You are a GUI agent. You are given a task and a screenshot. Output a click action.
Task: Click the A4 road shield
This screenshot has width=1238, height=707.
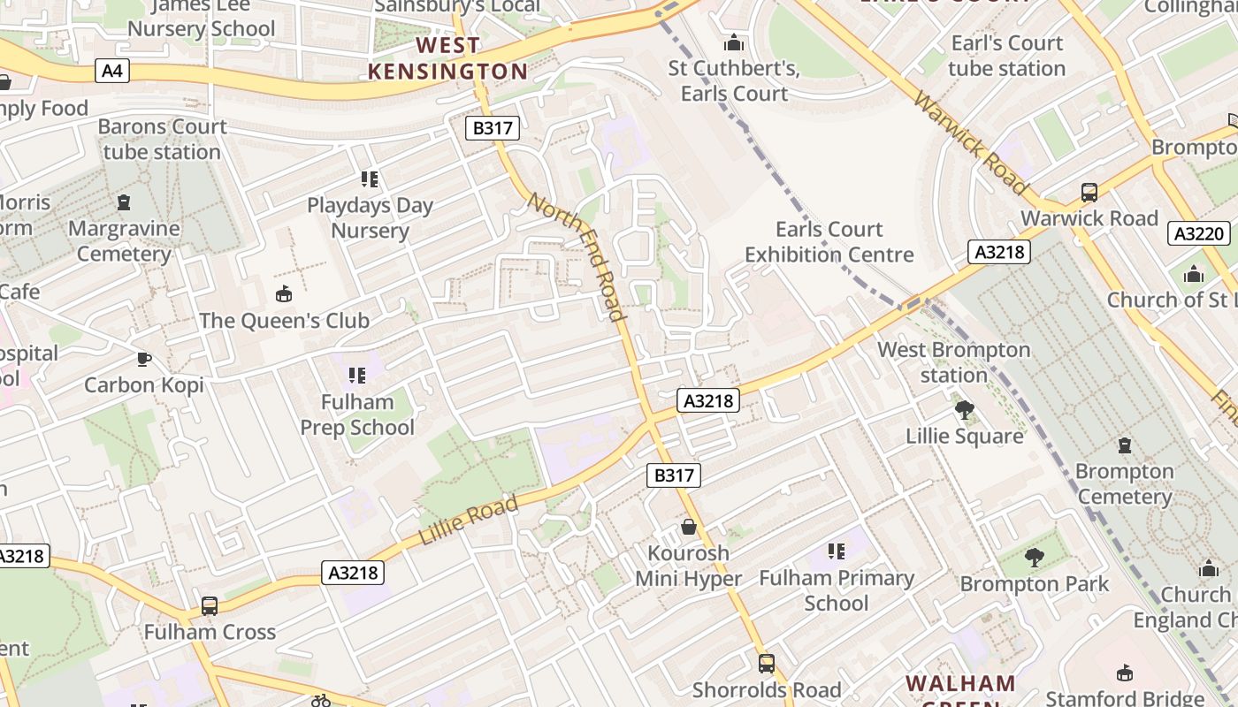pos(111,71)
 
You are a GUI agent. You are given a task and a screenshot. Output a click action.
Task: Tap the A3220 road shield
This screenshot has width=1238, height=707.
pos(1199,233)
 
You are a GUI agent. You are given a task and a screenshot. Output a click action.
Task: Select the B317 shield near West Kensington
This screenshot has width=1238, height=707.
pos(493,128)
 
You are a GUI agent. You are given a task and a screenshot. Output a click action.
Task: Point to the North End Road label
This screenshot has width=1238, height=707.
pos(577,256)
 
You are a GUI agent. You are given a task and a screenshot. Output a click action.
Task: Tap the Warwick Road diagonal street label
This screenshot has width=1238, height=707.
pos(971,142)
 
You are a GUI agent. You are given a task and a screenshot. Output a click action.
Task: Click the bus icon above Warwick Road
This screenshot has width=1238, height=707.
pos(1089,192)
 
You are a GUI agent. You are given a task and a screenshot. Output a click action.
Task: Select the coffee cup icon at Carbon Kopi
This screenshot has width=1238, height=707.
pos(143,358)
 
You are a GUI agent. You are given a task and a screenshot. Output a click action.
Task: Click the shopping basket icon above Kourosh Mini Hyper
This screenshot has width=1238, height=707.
pos(689,527)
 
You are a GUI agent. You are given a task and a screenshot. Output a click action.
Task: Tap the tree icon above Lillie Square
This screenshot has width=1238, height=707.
pos(964,409)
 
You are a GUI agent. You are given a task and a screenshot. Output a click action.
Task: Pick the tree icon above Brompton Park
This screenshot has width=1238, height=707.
pos(1034,557)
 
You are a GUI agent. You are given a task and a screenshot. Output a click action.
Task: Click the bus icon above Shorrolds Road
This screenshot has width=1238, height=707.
pos(767,663)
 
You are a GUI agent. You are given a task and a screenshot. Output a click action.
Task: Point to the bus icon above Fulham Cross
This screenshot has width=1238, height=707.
pos(210,605)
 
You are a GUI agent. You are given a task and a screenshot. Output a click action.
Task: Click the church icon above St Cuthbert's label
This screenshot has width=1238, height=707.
pos(733,42)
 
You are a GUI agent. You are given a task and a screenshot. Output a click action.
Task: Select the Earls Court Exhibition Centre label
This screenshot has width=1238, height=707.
pos(829,242)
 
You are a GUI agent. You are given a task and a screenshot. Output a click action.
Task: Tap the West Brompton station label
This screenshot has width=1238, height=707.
pos(953,362)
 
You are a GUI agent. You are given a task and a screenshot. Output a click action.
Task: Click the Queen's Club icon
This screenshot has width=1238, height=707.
pos(284,293)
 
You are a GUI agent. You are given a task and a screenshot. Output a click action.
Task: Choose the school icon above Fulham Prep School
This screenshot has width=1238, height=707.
pos(357,376)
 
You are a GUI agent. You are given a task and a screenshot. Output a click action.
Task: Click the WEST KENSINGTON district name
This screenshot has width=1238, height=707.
pos(447,58)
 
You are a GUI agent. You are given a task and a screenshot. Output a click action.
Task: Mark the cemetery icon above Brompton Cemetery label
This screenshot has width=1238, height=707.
pos(1124,445)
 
